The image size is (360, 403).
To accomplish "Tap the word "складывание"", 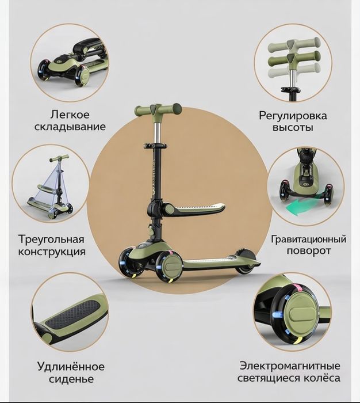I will click(71, 127).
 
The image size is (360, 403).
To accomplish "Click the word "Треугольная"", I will click(51, 239).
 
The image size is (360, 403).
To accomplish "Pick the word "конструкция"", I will click(51, 252).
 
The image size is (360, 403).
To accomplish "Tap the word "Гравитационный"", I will click(308, 238).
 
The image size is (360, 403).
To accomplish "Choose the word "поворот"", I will click(308, 251).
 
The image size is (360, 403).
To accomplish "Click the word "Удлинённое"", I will click(71, 366).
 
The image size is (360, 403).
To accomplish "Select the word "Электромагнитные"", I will click(290, 366).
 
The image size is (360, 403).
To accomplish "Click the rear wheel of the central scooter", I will click(246, 260).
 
